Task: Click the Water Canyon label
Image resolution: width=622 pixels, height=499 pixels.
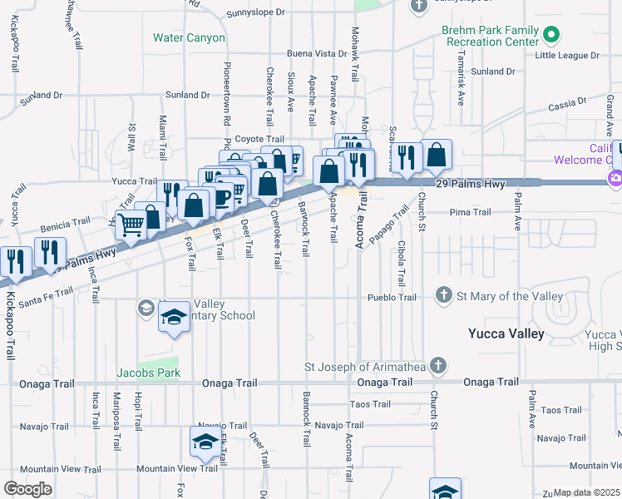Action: (189, 37)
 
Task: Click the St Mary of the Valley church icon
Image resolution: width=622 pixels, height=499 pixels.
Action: (444, 296)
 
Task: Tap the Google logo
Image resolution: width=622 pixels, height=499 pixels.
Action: (27, 489)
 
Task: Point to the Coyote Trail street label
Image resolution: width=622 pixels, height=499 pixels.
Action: (259, 139)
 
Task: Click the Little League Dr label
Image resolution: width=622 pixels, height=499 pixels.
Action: (567, 55)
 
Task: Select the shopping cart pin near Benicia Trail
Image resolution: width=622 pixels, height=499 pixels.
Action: (131, 225)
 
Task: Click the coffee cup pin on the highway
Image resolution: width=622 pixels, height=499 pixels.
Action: (221, 196)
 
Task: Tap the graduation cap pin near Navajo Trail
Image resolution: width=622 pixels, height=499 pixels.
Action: (205, 442)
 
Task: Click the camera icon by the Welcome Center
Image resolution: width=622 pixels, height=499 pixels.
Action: (616, 177)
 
